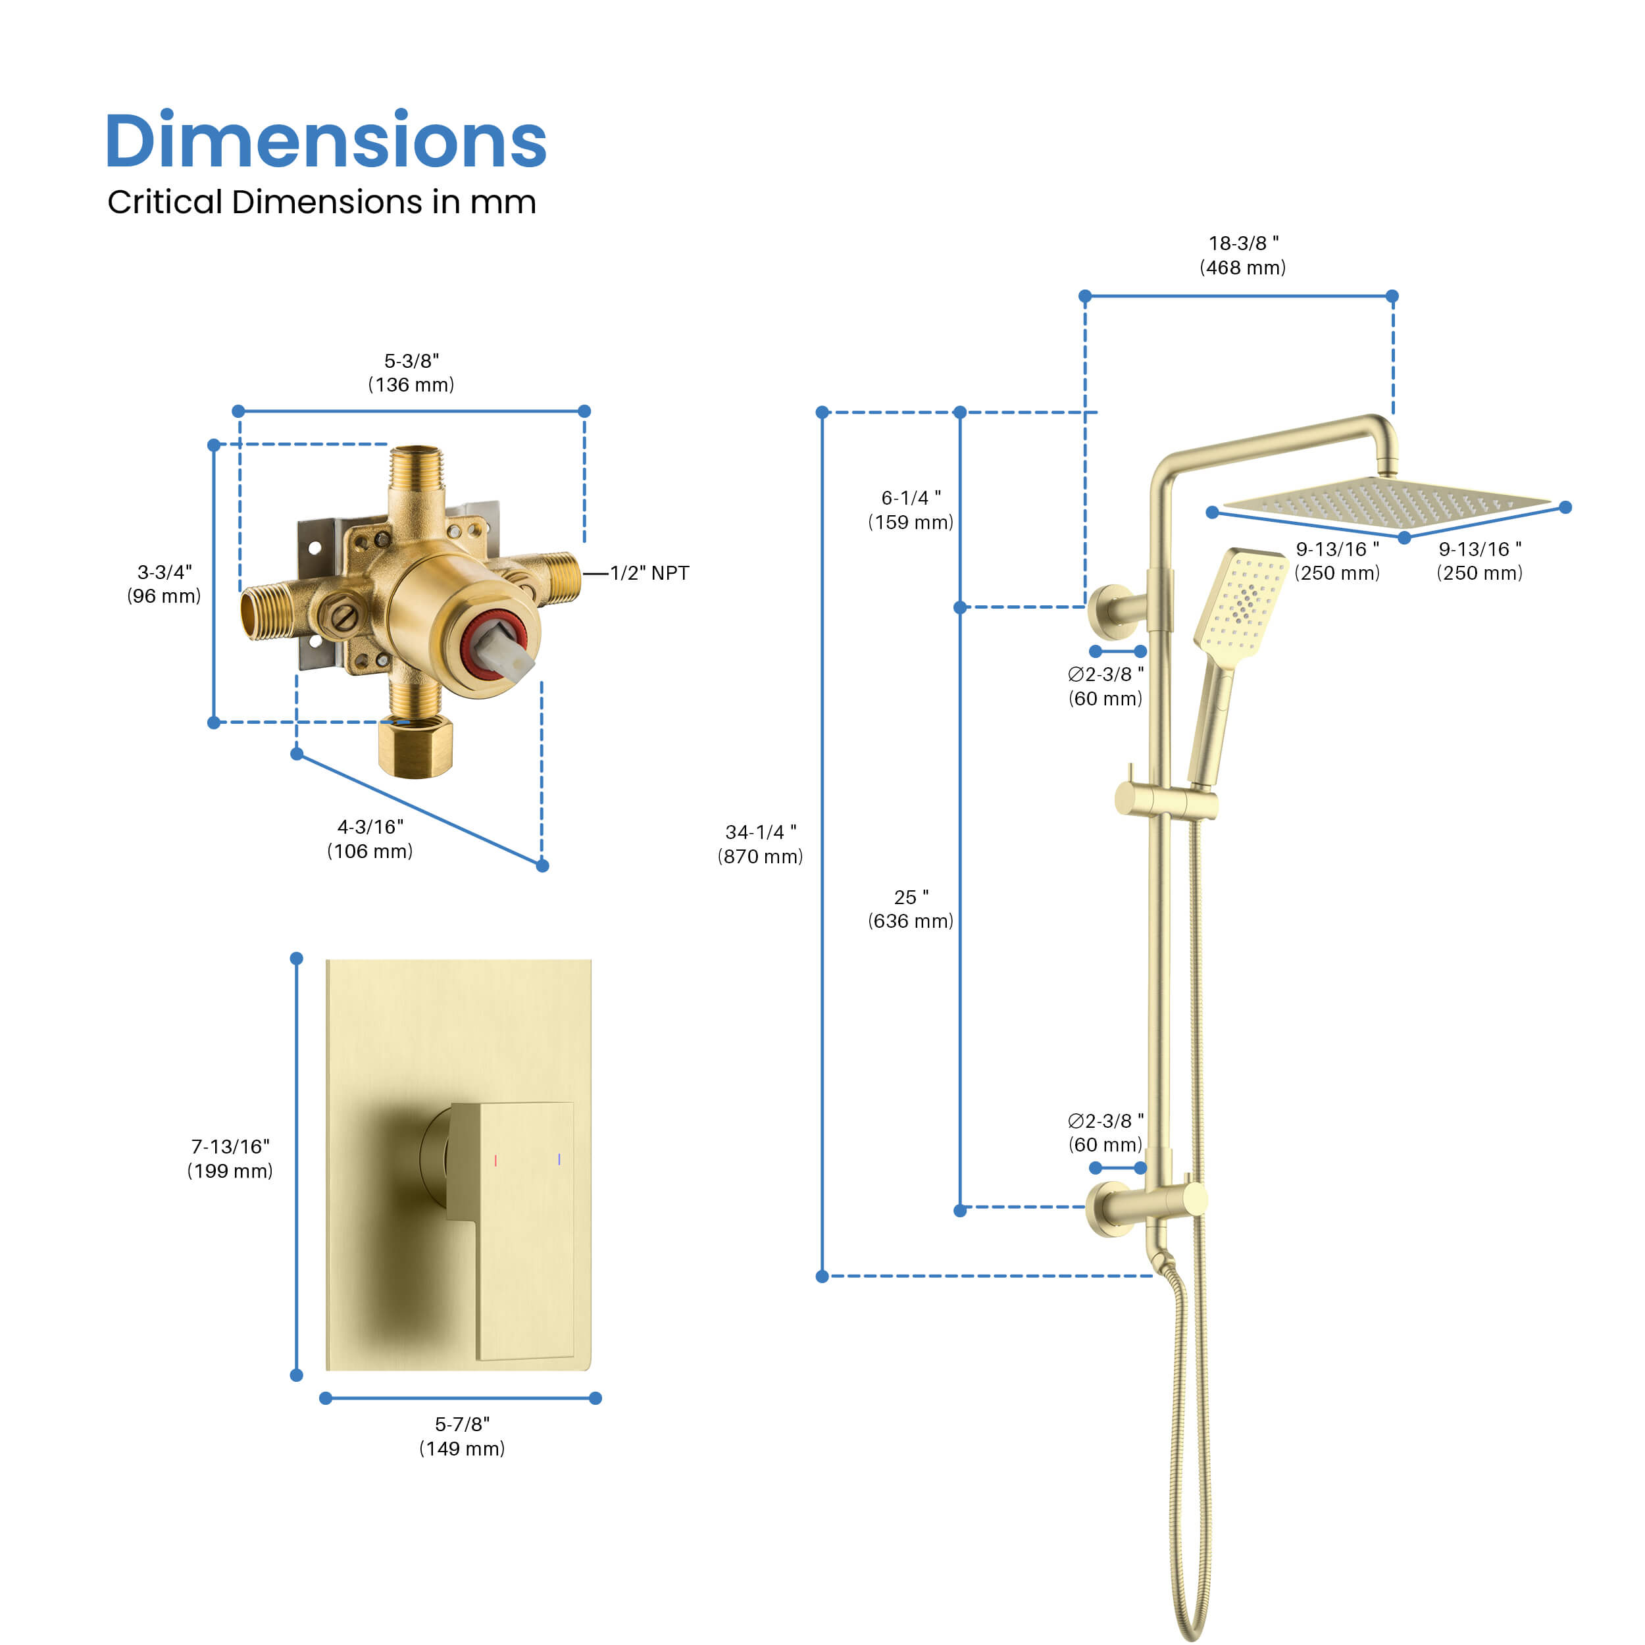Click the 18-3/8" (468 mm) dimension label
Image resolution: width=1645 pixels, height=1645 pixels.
tap(1242, 255)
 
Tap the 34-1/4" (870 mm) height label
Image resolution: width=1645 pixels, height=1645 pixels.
tap(761, 844)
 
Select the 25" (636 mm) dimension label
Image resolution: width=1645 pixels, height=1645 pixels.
tap(910, 909)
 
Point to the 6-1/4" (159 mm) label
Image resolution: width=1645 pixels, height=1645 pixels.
tap(910, 509)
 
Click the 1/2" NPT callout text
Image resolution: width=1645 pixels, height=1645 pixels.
tap(649, 573)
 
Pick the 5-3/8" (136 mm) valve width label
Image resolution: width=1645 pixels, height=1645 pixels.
tap(411, 372)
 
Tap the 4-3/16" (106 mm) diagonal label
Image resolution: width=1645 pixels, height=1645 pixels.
tap(370, 839)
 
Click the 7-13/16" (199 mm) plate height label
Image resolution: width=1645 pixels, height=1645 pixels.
tap(230, 1158)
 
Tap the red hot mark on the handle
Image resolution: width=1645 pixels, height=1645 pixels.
tap(495, 1159)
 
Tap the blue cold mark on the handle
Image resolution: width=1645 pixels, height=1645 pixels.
tap(559, 1159)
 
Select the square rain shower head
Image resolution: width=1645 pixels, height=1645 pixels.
tap(1384, 502)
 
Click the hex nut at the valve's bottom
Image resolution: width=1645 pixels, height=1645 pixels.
tap(415, 747)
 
